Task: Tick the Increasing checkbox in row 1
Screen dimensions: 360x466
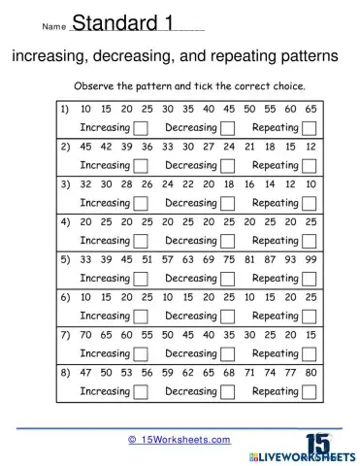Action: coord(142,128)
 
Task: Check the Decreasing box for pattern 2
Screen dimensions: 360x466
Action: coord(228,166)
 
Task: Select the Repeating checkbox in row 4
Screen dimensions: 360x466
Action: coord(309,241)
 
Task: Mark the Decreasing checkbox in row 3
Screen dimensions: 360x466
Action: coord(228,204)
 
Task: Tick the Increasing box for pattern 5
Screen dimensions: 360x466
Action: coord(142,279)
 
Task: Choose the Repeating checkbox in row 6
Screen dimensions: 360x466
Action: coord(309,316)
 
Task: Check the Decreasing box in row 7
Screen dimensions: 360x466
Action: coord(228,354)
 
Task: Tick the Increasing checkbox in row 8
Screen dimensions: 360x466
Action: coord(142,392)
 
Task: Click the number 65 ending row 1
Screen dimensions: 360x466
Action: coord(310,110)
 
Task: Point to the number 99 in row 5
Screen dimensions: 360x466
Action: coord(310,260)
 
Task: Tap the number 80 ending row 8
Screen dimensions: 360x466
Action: coord(310,374)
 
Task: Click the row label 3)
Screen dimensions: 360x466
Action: coord(65,185)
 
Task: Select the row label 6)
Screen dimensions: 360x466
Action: coord(65,298)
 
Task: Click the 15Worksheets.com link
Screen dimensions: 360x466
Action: coord(180,440)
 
